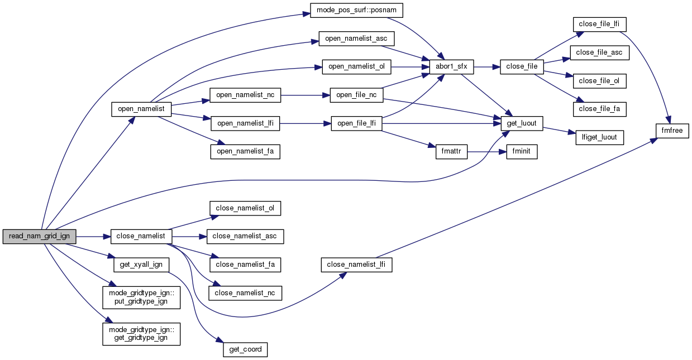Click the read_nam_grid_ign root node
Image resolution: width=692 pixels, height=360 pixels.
tap(39, 236)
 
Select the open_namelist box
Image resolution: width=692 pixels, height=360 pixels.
tap(141, 109)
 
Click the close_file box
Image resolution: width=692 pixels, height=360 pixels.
tap(522, 66)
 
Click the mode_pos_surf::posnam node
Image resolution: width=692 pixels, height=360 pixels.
tap(356, 11)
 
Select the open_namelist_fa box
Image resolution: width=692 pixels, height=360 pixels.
tap(245, 151)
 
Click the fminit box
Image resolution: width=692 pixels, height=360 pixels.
tap(522, 152)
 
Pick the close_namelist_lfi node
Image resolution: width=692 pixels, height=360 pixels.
tap(356, 265)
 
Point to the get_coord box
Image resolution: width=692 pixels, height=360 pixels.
tap(245, 350)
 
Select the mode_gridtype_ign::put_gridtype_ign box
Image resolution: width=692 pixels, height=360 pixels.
tap(141, 297)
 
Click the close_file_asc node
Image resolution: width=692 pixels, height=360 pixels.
tap(599, 52)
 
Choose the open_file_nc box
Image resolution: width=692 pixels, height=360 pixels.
tap(356, 95)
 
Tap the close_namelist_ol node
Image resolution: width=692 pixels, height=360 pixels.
tap(245, 208)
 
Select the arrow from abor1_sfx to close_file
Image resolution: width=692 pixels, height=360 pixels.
tap(486, 66)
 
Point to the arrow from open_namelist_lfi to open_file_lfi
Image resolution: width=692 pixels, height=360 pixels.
tap(305, 123)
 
